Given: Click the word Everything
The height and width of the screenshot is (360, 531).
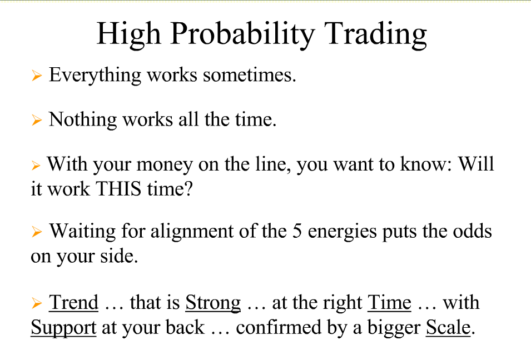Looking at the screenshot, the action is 95,76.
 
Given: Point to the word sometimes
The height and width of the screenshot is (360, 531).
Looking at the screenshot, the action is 250,75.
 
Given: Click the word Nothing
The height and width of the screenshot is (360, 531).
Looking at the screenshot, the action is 83,120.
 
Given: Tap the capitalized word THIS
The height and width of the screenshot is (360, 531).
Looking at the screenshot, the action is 119,188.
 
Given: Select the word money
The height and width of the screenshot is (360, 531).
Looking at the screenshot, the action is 165,165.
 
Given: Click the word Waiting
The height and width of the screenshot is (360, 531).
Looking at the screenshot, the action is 82,232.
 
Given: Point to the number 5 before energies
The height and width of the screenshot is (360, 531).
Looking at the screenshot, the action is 297,232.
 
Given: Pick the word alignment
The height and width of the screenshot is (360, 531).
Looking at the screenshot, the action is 192,232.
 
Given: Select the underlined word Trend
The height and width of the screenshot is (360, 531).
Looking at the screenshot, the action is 74,302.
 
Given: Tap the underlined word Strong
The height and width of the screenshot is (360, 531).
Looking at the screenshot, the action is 213,303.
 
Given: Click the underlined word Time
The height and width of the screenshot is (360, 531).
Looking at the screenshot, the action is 389,302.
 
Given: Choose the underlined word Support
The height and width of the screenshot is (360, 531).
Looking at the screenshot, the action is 64,328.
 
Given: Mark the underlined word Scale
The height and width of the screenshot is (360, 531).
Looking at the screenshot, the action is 448,328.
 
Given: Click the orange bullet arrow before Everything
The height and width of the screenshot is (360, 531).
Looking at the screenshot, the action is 37,76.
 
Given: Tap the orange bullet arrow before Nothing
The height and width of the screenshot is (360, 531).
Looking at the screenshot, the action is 37,120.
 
